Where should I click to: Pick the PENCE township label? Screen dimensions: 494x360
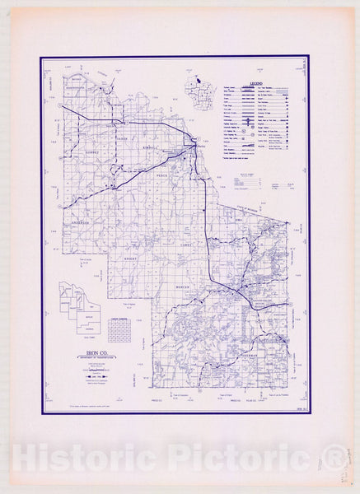coord(162,175)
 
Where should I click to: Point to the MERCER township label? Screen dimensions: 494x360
coord(183,286)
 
